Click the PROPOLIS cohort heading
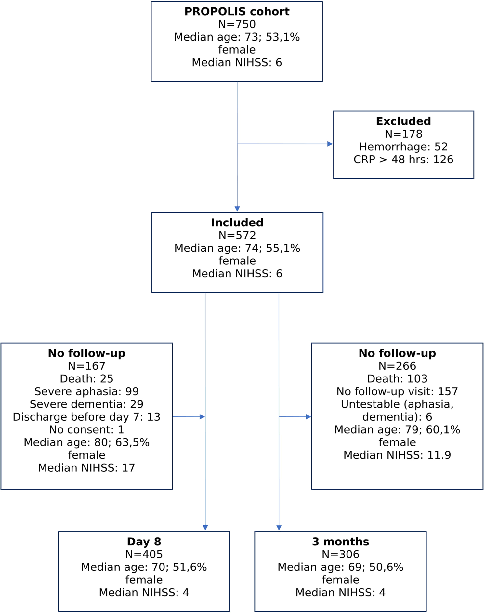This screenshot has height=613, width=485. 237,12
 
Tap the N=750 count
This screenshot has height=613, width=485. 237,24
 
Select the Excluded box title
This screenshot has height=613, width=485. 403,121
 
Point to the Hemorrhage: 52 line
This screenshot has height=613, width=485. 403,147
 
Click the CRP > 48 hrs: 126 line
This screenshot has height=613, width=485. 403,160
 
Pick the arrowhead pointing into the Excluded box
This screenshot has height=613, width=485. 330,144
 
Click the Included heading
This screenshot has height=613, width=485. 237,223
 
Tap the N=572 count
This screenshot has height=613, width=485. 237,236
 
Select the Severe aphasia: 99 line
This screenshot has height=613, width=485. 86,391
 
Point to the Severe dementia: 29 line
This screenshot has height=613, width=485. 86,404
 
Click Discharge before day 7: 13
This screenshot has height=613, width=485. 86,417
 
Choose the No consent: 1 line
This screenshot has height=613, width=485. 86,429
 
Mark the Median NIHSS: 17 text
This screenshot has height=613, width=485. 86,468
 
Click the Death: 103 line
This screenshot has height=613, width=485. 397,379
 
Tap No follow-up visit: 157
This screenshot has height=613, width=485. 397,391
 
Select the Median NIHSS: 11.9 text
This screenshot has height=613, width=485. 397,455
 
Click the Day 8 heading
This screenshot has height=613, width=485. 144,542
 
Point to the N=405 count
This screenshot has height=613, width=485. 144,554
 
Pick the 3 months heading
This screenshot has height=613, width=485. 340,542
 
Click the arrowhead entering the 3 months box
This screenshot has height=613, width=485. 279,528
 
